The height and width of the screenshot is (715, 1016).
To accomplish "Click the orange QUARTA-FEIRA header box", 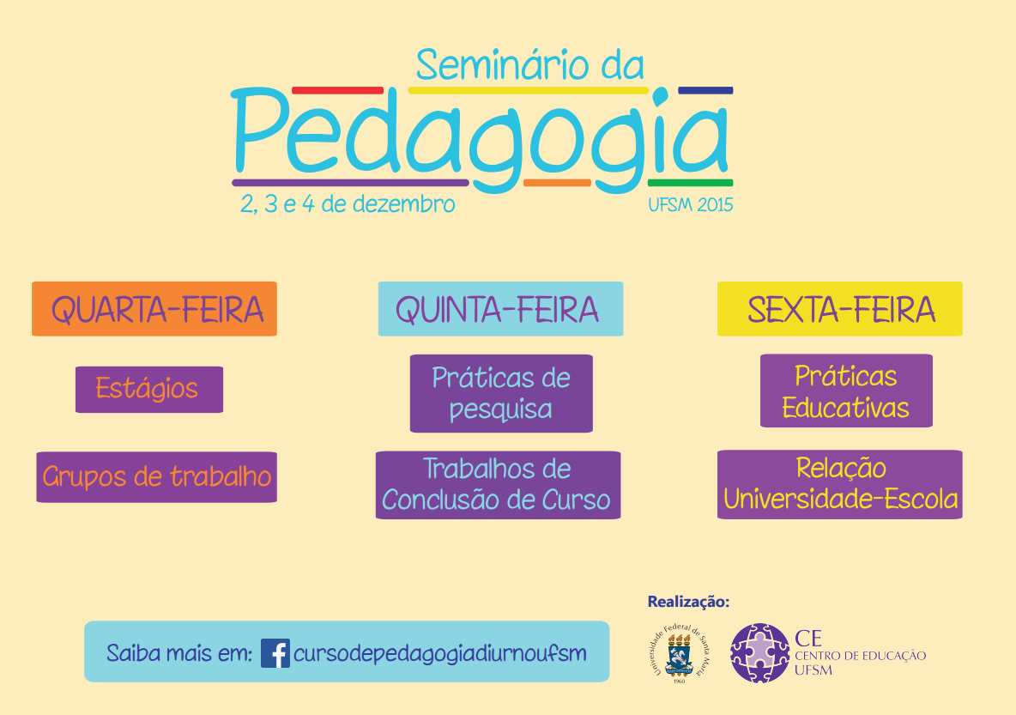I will point(154,309).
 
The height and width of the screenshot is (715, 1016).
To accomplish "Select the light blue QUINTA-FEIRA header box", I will point(500,309).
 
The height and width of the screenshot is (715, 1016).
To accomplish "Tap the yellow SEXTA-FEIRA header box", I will point(839,309).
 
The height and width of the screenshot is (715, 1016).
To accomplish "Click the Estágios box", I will point(148,389).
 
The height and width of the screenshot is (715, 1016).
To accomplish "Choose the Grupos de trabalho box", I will point(156,476).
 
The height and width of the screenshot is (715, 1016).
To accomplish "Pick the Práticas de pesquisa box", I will point(501,393).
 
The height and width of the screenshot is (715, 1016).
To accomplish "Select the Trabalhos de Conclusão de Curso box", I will point(498,485).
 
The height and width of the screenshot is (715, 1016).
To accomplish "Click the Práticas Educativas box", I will point(846,391).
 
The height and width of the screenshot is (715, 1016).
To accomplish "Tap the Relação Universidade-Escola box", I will point(839,484).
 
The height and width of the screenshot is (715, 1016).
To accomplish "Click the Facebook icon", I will point(275,653).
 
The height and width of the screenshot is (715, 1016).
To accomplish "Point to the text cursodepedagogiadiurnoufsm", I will point(440,653).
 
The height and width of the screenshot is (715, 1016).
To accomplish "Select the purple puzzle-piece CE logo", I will point(759,653).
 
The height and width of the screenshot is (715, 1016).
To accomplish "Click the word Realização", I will point(688,602).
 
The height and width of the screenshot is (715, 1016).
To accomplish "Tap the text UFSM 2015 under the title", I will point(692,205).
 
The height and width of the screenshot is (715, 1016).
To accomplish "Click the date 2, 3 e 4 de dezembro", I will point(347,205).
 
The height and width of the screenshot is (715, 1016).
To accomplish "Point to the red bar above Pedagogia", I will point(337,90).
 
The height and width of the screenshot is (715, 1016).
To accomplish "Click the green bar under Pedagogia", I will point(690,183).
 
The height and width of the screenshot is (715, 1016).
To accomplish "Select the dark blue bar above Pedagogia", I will point(705,90).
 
